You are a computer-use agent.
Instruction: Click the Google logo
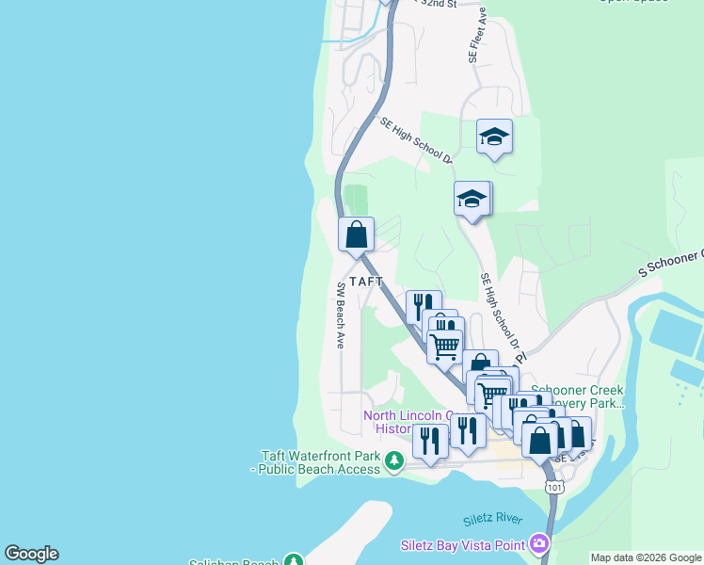[x=31, y=554]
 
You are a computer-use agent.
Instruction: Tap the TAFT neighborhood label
[x=366, y=282]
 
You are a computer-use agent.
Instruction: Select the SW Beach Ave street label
[x=339, y=315]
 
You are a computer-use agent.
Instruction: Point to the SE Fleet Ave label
[x=477, y=37]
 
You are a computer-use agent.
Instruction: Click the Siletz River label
[x=492, y=520]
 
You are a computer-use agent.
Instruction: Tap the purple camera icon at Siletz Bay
[x=538, y=543]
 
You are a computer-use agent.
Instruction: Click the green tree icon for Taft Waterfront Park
[x=394, y=460]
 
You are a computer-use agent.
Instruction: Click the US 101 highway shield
[x=554, y=486]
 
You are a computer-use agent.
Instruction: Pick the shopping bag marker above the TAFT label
[x=356, y=234]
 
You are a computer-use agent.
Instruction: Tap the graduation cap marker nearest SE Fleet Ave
[x=494, y=137]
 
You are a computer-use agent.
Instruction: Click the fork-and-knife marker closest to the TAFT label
[x=423, y=307]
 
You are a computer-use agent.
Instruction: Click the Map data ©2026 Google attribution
[x=646, y=557]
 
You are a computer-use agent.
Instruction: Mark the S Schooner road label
[x=670, y=263]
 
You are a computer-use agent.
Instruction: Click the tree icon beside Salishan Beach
[x=295, y=560]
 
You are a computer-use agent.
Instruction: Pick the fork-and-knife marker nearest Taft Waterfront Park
[x=430, y=441]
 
